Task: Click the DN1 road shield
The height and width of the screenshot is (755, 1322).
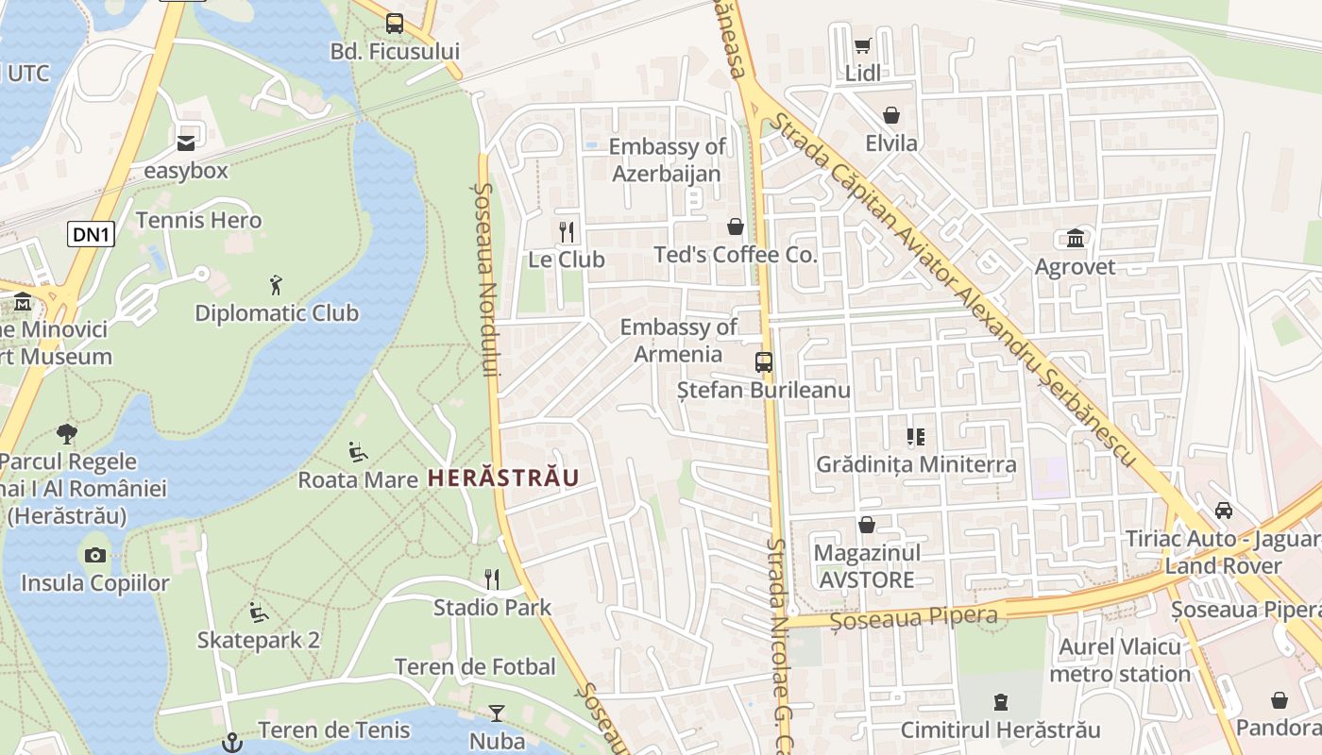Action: click(91, 235)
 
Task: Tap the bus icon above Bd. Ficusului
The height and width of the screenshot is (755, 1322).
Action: click(395, 24)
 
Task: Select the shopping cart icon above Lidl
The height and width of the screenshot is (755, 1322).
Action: click(862, 45)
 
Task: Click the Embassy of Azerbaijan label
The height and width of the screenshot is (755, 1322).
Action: click(667, 159)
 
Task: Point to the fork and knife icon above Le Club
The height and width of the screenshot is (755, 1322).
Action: click(567, 230)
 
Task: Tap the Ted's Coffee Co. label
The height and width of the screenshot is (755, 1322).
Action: click(736, 255)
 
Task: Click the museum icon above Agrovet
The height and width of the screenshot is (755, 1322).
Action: click(1075, 238)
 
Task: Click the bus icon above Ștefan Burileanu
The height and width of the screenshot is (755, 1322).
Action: click(763, 361)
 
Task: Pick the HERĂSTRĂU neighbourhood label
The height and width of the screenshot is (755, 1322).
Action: click(502, 478)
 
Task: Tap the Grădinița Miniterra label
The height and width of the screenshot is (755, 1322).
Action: click(916, 464)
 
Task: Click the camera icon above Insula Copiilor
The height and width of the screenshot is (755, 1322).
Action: click(94, 555)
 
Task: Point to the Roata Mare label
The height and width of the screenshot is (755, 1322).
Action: click(358, 479)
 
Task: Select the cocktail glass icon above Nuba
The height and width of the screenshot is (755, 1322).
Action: click(497, 713)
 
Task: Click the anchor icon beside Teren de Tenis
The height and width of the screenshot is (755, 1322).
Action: click(229, 742)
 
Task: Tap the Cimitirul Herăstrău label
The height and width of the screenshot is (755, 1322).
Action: click(1000, 730)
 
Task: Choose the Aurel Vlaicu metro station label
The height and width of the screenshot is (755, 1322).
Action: click(1119, 661)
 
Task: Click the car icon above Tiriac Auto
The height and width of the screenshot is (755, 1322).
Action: click(1223, 511)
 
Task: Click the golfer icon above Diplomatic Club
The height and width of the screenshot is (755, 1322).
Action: click(276, 284)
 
